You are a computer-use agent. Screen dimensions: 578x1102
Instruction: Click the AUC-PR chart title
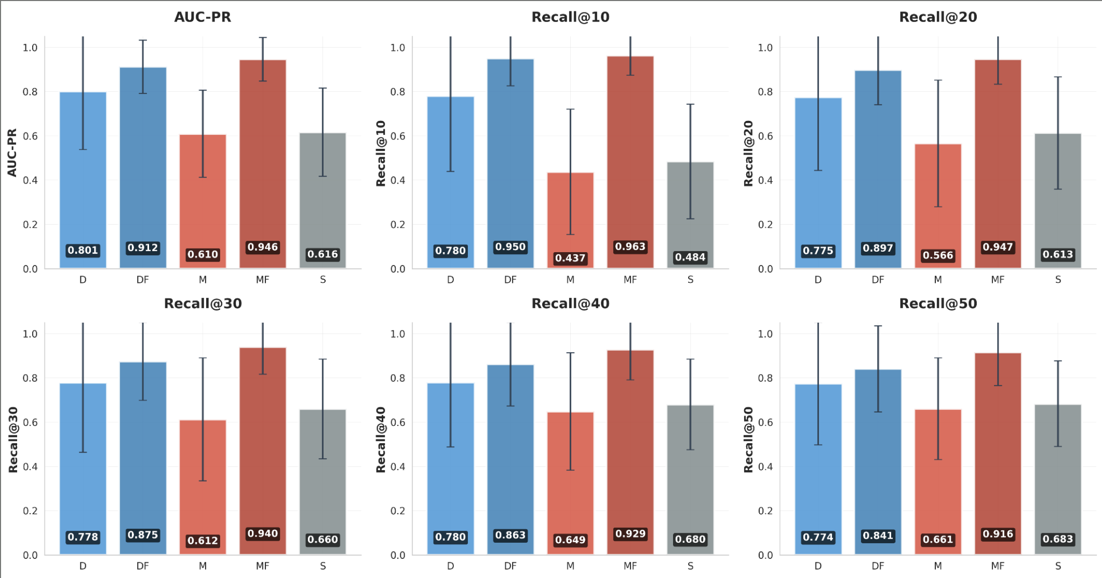203,17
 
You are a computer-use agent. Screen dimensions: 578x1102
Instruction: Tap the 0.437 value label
570,258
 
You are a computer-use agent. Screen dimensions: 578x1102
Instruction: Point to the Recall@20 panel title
938,17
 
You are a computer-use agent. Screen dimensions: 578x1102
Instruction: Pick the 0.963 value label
630,246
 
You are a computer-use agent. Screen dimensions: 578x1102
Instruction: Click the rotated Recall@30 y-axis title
13,440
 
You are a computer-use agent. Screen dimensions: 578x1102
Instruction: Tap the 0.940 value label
263,533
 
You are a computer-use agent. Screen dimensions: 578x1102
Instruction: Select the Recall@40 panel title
570,304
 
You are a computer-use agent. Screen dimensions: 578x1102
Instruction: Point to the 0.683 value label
1058,539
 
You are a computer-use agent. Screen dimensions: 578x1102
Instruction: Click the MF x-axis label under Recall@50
998,566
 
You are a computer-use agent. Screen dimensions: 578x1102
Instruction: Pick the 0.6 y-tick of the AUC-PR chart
30,136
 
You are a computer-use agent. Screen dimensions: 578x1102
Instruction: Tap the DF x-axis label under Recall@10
510,280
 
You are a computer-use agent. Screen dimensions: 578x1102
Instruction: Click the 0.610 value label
203,254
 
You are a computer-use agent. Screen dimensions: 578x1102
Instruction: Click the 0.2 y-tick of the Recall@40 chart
398,511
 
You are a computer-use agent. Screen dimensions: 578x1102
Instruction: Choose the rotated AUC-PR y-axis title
12,153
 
